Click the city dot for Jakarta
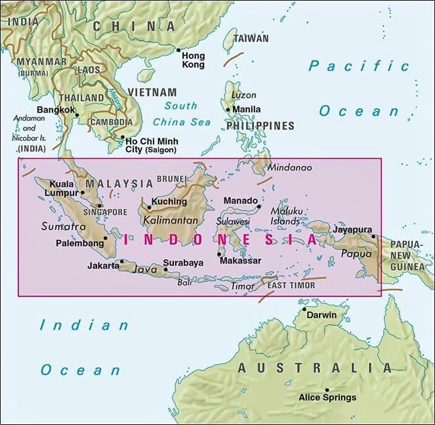(121, 262)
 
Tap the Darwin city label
(320, 315)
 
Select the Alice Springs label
(327, 397)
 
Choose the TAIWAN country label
(251, 39)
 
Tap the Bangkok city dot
(77, 115)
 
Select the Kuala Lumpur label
(62, 188)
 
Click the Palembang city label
(81, 243)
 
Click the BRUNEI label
(173, 178)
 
